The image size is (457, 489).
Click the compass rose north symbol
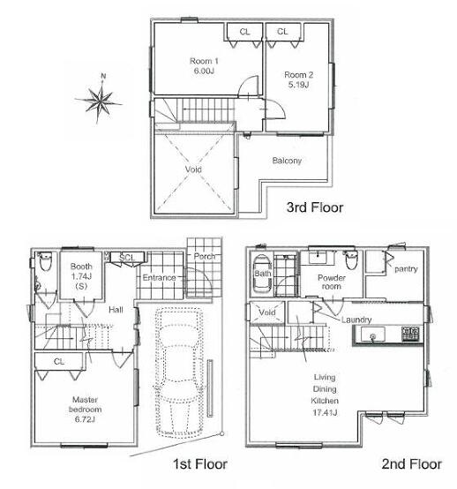(99, 99)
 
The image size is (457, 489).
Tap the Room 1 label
(204, 61)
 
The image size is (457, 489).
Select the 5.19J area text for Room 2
(298, 85)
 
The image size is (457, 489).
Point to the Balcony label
(287, 161)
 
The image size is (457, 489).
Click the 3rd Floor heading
(315, 207)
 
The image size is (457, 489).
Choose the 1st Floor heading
(200, 464)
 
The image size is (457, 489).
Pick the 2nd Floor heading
(411, 464)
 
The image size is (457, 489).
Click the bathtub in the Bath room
(262, 274)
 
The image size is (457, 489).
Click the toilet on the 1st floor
(45, 261)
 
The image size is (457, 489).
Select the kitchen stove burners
(410, 334)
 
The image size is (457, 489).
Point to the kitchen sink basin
(372, 335)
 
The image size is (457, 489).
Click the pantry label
(406, 269)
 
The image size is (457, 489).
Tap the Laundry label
(356, 320)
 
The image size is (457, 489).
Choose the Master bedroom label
(85, 404)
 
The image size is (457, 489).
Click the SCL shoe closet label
(126, 258)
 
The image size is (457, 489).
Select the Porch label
(205, 256)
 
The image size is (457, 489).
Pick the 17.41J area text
(325, 412)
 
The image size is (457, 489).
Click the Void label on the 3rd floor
(193, 169)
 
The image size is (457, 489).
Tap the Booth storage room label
(81, 267)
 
